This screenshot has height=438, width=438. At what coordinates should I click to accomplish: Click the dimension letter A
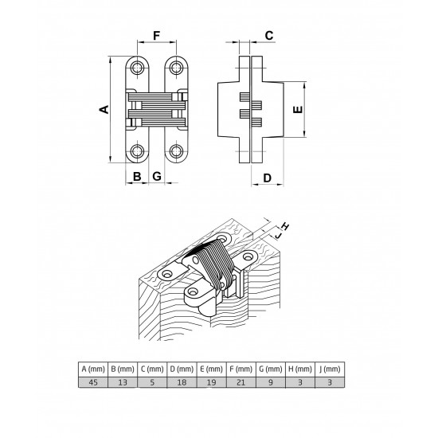pyautogui.click(x=104, y=110)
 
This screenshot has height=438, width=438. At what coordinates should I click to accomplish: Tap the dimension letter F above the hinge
pyautogui.click(x=157, y=36)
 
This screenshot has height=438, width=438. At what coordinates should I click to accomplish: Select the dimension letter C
pyautogui.click(x=269, y=36)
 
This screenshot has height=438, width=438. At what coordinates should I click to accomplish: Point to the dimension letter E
pyautogui.click(x=298, y=110)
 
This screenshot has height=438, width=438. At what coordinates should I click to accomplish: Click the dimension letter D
pyautogui.click(x=268, y=178)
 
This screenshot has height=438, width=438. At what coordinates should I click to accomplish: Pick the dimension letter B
pyautogui.click(x=137, y=177)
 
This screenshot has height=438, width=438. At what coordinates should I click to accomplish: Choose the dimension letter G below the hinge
pyautogui.click(x=157, y=177)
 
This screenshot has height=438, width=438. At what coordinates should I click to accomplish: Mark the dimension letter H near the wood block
pyautogui.click(x=285, y=226)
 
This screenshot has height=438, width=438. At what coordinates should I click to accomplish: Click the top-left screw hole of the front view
pyautogui.click(x=137, y=68)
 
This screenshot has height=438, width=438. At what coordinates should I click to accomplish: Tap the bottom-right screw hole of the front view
pyautogui.click(x=176, y=151)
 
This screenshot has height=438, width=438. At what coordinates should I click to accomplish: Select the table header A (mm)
pyautogui.click(x=93, y=369)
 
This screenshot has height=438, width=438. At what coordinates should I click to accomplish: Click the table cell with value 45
pyautogui.click(x=93, y=382)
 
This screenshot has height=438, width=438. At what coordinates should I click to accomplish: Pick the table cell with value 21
pyautogui.click(x=241, y=382)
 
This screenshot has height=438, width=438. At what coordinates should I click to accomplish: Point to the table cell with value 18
pyautogui.click(x=182, y=382)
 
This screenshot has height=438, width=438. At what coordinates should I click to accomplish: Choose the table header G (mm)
pyautogui.click(x=271, y=369)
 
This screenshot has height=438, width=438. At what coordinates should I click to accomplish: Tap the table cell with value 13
pyautogui.click(x=123, y=382)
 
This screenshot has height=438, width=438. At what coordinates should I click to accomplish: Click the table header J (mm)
pyautogui.click(x=330, y=369)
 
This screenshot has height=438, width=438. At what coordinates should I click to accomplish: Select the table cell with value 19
pyautogui.click(x=212, y=382)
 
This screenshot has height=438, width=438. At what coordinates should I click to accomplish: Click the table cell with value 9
pyautogui.click(x=271, y=382)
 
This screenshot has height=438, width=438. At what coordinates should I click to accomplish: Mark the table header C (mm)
pyautogui.click(x=152, y=369)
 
